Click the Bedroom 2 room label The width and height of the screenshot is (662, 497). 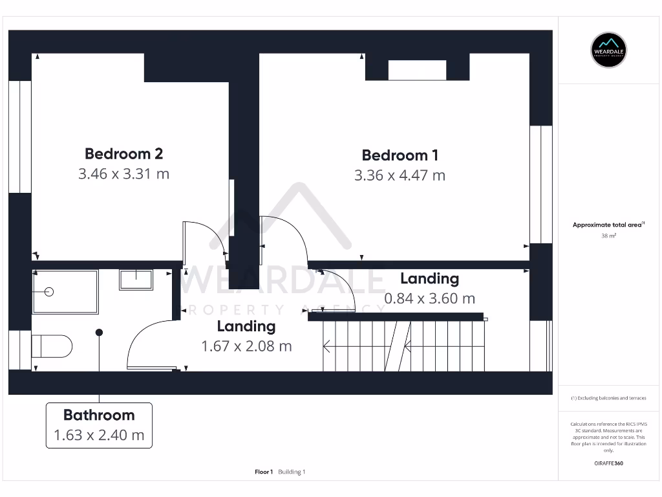123,154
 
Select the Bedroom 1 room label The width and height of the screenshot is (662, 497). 400,155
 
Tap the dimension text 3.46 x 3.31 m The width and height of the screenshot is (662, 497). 123,174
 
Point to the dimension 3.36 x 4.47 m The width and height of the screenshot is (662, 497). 400,175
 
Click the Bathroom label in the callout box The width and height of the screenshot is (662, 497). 99,415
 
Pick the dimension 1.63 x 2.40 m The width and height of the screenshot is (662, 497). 99,435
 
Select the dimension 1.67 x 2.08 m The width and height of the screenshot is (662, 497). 246,346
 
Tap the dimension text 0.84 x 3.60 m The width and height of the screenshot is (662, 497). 429,298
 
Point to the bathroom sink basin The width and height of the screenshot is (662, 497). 136,280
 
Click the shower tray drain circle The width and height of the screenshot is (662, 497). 48,292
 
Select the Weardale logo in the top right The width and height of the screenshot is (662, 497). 608,50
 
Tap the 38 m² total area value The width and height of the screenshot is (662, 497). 608,236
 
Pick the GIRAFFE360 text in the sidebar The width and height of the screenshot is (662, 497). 608,463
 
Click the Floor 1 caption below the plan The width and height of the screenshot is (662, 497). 264,472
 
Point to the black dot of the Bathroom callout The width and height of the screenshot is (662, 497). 99,333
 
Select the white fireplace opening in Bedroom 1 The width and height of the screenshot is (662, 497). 417,70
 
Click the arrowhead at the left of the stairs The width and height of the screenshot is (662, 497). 326,348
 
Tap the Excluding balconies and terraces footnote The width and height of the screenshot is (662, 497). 608,398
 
